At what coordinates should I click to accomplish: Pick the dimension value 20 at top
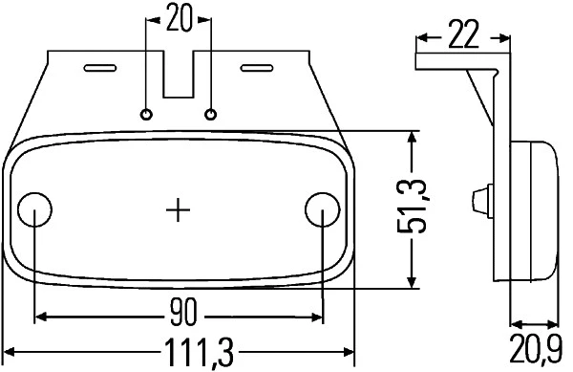click(179, 18)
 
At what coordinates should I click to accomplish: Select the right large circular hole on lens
click(322, 208)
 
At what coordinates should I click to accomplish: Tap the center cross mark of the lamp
click(179, 208)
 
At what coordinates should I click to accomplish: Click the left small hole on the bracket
click(146, 114)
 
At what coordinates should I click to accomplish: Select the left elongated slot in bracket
click(99, 67)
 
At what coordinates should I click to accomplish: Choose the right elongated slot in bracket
click(257, 67)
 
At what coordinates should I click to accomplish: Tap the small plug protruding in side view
click(477, 201)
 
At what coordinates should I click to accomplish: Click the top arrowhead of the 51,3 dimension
click(412, 138)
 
